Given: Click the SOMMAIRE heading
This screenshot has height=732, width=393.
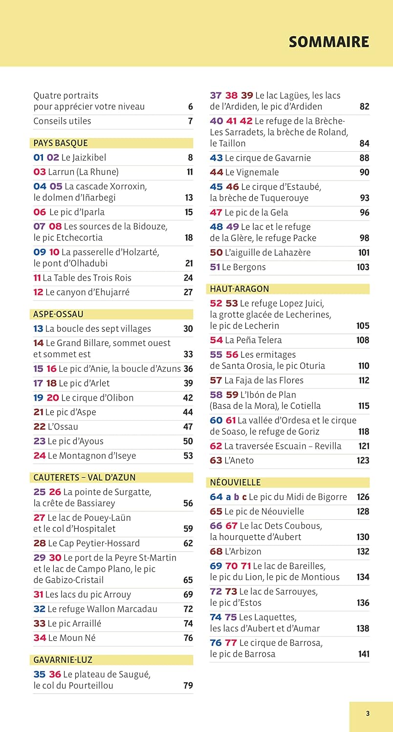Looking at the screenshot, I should [x=328, y=42].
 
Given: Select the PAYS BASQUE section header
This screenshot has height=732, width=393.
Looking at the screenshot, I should [x=61, y=143].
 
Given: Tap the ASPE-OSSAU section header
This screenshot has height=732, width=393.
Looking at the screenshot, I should [x=58, y=314].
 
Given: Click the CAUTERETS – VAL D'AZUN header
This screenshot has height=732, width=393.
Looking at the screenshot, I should [x=85, y=477].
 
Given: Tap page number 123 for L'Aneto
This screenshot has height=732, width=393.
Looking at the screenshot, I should [x=363, y=460].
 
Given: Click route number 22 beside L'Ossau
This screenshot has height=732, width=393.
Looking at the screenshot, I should [x=39, y=427].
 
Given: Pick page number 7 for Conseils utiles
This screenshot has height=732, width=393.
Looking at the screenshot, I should [x=190, y=121].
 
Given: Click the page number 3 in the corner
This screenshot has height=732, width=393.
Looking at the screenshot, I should [x=368, y=713].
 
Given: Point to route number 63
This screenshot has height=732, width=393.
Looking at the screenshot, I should [x=216, y=460].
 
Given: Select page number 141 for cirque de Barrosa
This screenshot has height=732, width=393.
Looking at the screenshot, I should [x=363, y=654].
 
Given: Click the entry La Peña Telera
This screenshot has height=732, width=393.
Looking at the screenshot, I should [x=253, y=340].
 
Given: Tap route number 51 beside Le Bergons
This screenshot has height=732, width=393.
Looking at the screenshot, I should [x=215, y=267].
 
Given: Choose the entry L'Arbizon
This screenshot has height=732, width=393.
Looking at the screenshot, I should [x=243, y=551].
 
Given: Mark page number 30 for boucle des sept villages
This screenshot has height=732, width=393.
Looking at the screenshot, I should [x=188, y=329].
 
